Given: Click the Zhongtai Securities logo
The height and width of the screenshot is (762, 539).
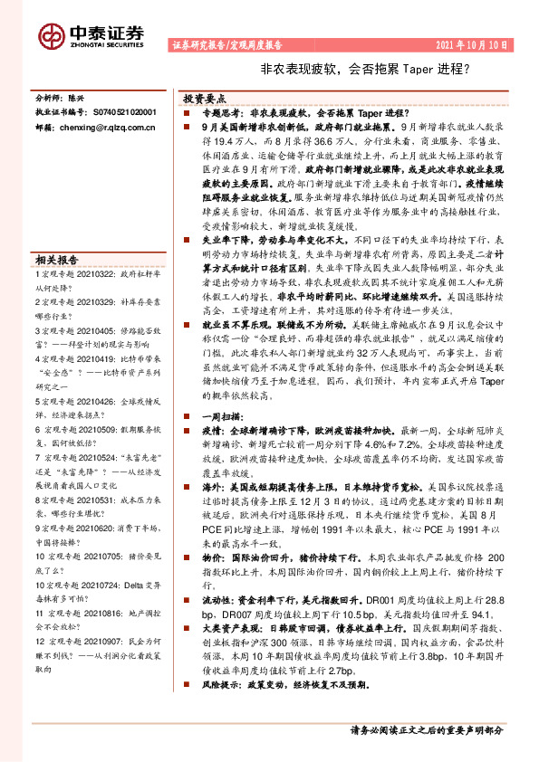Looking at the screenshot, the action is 91,34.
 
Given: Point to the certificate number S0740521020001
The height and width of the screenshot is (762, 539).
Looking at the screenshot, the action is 111,112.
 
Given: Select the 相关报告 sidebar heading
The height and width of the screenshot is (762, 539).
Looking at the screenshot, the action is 56,257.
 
